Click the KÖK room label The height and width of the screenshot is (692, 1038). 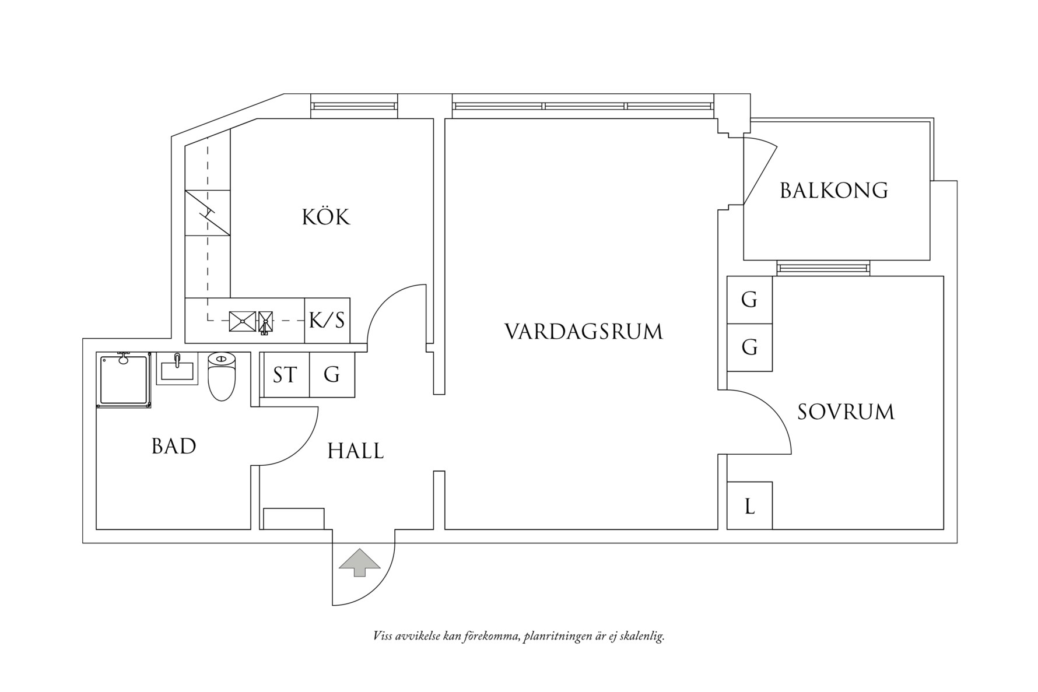[x=326, y=217]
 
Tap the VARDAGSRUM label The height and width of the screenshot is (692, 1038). [x=584, y=332]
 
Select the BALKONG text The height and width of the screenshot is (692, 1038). [x=834, y=191]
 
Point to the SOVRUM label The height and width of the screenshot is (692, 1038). [x=846, y=412]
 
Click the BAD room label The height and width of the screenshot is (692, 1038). [x=173, y=447]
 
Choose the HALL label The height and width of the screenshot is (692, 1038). [x=355, y=451]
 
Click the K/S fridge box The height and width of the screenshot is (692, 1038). [x=327, y=320]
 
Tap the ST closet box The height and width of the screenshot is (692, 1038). [x=285, y=375]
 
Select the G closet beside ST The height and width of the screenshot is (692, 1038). [x=332, y=375]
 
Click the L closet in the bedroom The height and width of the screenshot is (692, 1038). [x=750, y=506]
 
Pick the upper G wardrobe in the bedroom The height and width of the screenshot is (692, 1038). [x=749, y=300]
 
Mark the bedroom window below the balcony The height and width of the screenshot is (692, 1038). [x=823, y=268]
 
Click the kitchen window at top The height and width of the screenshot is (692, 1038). [x=354, y=106]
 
